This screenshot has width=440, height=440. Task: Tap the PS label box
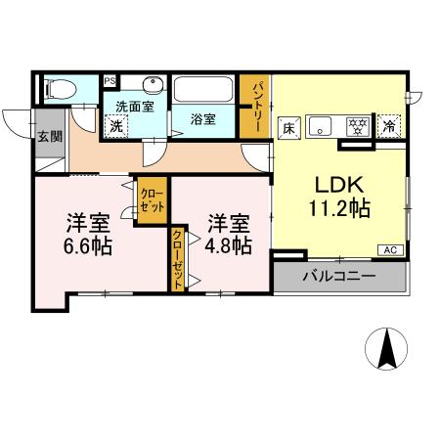click(x=110, y=81)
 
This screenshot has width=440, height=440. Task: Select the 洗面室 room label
click(x=133, y=105)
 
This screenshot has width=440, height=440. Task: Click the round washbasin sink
click(x=152, y=85)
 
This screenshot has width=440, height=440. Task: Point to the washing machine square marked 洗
click(x=115, y=125)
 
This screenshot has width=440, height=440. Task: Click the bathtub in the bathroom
click(x=203, y=92)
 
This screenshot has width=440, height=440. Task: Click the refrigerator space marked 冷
click(x=389, y=125)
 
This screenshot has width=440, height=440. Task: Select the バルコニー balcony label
click(x=338, y=277)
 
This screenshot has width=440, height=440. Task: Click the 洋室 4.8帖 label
click(x=227, y=231)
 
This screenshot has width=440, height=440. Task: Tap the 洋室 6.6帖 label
click(x=86, y=231)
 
